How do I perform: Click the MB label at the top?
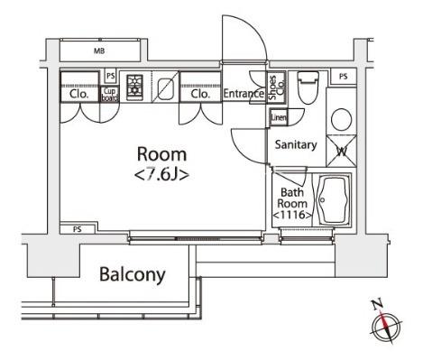[98, 51]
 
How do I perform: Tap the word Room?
[161, 154]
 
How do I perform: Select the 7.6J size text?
[161, 174]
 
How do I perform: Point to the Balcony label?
[132, 274]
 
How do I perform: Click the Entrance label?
[243, 93]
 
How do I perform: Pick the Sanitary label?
[294, 143]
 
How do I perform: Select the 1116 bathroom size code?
[292, 215]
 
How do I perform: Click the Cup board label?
[109, 92]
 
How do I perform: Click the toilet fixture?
[306, 87]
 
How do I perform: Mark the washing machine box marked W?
[343, 149]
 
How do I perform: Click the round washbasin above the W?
[342, 119]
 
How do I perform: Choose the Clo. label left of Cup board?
[78, 92]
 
